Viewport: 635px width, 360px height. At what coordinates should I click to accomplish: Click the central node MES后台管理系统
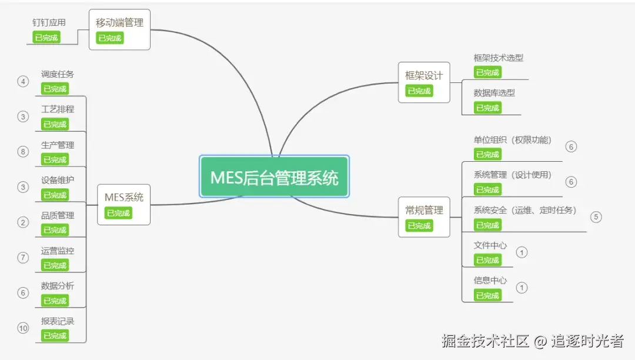(274, 177)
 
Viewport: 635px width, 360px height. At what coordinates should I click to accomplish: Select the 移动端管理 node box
(119, 29)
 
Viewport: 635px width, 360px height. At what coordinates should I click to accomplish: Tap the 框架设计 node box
(423, 82)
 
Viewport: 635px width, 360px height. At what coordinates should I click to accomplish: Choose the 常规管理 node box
(423, 216)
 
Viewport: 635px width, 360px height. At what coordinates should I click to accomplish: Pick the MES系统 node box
(123, 204)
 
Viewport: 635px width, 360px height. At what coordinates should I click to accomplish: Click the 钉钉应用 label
(49, 22)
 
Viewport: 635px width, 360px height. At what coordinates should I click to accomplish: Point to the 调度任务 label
(58, 74)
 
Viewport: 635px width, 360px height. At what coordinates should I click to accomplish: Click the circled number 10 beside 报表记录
(23, 328)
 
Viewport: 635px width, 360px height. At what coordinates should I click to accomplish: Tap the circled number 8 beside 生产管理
(23, 152)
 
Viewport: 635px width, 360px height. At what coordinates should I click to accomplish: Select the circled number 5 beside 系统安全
(596, 216)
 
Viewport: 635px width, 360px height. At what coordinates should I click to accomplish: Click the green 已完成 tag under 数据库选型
(487, 108)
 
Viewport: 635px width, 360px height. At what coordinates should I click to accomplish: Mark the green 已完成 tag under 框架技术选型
(487, 72)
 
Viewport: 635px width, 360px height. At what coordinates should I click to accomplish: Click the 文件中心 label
(490, 245)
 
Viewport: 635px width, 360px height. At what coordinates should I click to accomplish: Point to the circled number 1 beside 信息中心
(522, 288)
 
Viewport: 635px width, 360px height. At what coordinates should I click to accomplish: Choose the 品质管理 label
(58, 215)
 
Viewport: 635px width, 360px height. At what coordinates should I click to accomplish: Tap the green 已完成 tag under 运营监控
(55, 265)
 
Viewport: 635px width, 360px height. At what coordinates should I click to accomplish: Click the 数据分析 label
(58, 286)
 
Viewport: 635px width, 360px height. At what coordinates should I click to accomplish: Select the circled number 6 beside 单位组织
(570, 146)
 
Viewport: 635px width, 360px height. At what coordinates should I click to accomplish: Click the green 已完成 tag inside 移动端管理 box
(110, 38)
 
